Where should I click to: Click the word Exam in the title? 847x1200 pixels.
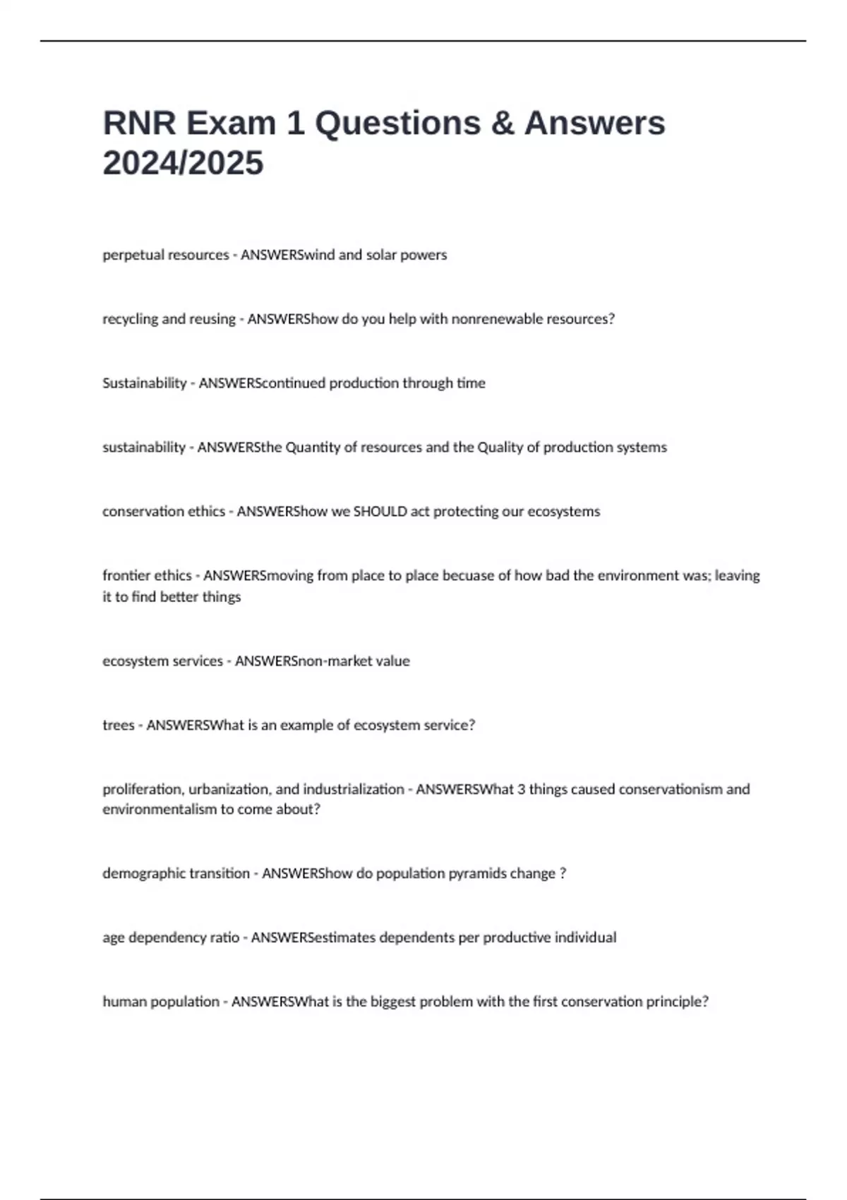pos(231,124)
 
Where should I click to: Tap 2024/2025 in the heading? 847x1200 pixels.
pos(183,163)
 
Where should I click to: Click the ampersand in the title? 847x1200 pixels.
pos(502,124)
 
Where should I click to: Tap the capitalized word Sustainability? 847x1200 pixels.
pos(144,383)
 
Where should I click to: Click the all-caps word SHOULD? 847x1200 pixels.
pos(380,512)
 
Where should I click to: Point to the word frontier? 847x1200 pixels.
pos(127,576)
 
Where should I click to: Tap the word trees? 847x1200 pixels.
pos(118,726)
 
